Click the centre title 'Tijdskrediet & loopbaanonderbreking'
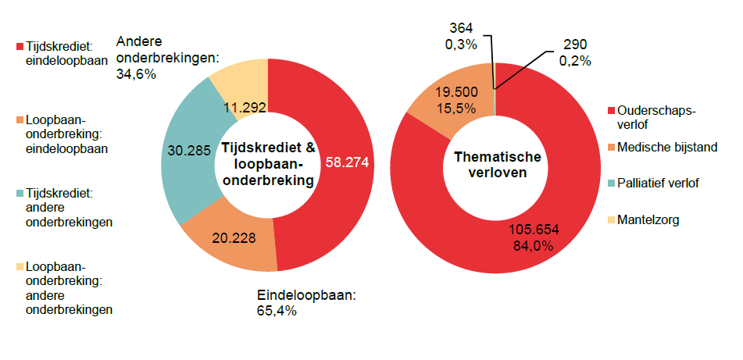pyautogui.click(x=268, y=164)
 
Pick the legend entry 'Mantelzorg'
pyautogui.click(x=648, y=220)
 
